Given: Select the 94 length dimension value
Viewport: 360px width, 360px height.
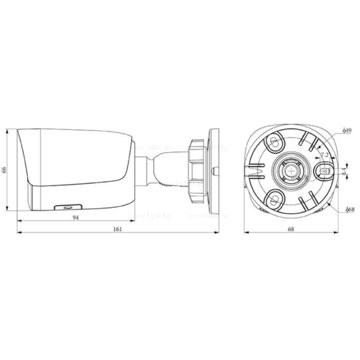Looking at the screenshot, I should point(75,218).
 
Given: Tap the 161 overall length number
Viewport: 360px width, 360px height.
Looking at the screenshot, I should point(118,230).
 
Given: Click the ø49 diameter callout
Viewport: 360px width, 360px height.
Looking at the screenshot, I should point(346,131).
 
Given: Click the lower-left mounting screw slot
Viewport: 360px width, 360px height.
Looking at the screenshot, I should point(273,197).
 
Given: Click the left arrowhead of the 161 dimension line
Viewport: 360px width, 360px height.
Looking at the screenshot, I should point(18,234).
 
